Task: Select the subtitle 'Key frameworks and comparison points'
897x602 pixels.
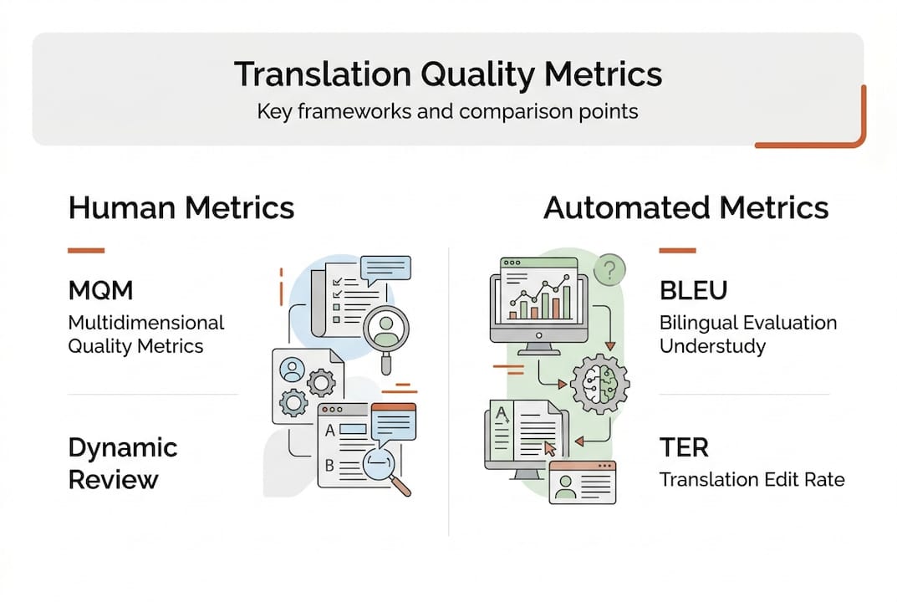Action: (447, 110)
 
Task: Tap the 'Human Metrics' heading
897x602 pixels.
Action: (181, 207)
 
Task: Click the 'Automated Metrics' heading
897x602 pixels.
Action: (685, 207)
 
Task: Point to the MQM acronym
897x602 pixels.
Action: (100, 292)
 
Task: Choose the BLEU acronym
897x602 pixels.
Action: (693, 291)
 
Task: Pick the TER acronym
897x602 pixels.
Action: (685, 448)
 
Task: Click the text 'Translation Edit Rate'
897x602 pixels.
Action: (752, 479)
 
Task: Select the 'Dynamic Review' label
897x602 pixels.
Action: (122, 462)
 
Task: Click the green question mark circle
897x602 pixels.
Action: (611, 269)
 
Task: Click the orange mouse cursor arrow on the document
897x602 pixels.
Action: (550, 448)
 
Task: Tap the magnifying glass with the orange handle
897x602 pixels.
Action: (387, 469)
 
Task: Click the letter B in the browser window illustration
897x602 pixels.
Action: (329, 466)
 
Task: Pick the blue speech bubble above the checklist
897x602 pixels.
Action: (385, 268)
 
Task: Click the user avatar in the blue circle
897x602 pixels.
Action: (293, 368)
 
